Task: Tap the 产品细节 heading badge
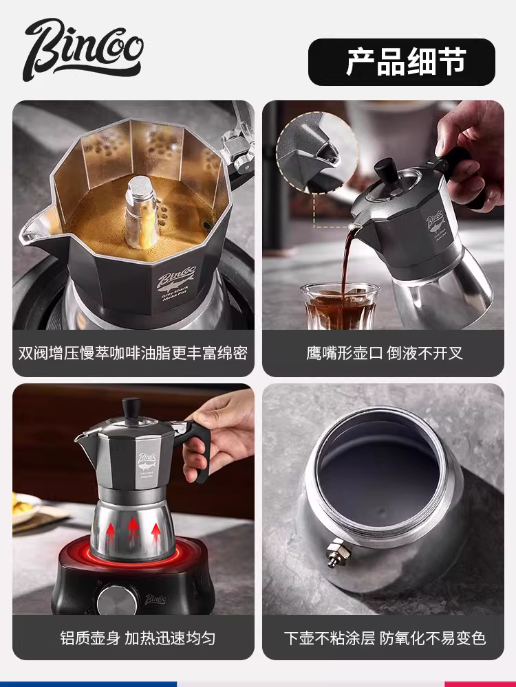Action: [x=402, y=62]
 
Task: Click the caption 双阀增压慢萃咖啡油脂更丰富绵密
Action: [x=133, y=354]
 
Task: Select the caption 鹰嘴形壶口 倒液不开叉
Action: [x=384, y=354]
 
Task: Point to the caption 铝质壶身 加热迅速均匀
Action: [x=133, y=638]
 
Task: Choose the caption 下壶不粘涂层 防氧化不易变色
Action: [x=384, y=638]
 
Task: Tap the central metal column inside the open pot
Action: [x=141, y=206]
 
